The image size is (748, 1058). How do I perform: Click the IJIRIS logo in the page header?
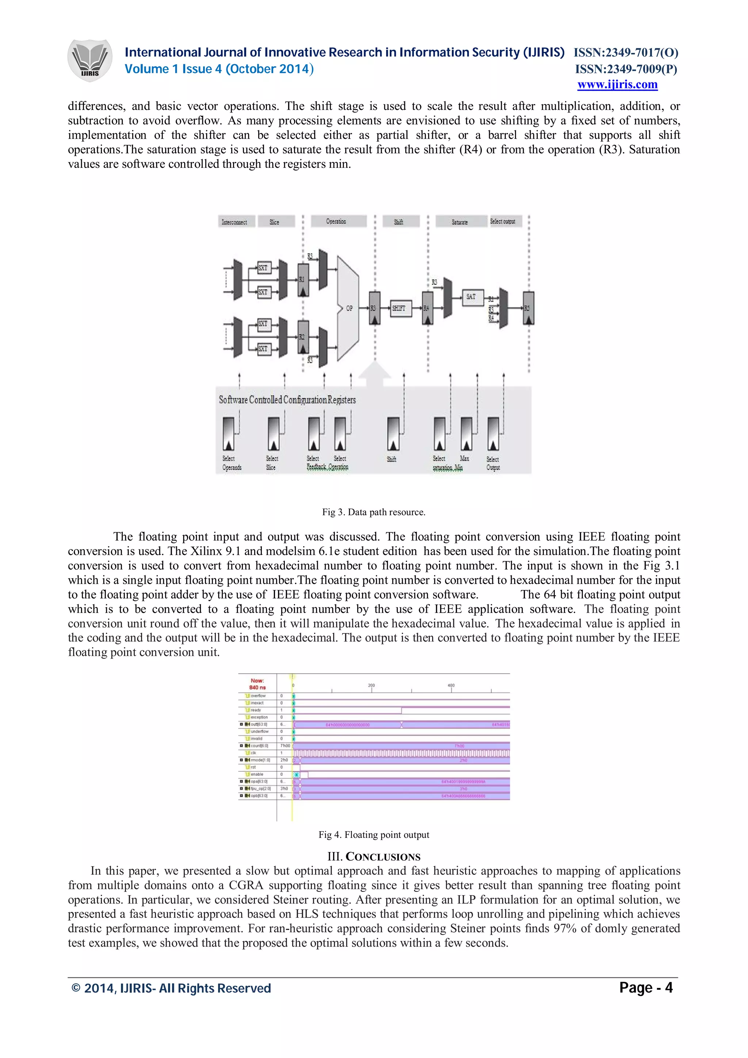pos(90,60)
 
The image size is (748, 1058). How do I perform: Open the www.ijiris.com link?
pos(617,84)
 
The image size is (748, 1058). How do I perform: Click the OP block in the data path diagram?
pos(348,308)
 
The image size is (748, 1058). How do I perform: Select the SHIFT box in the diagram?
pos(399,308)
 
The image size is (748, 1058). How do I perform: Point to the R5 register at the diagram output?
pos(528,308)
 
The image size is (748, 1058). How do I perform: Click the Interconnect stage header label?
pos(234,222)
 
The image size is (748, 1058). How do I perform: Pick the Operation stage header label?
pos(336,221)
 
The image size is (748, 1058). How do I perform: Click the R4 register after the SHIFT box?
pos(427,308)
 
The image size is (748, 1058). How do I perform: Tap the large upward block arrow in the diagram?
pos(374,373)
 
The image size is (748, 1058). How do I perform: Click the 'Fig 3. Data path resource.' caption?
pos(373,512)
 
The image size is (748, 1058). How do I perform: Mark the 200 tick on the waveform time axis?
pos(371,686)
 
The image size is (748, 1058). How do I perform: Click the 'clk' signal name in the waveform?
pos(253,753)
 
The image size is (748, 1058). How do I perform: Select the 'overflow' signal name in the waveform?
pos(258,696)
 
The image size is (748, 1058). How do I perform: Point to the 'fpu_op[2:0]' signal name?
pos(260,789)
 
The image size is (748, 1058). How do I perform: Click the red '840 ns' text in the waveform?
pos(257,687)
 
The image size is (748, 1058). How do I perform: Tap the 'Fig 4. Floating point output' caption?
pos(373,835)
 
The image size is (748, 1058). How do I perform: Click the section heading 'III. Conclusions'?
pos(374,856)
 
